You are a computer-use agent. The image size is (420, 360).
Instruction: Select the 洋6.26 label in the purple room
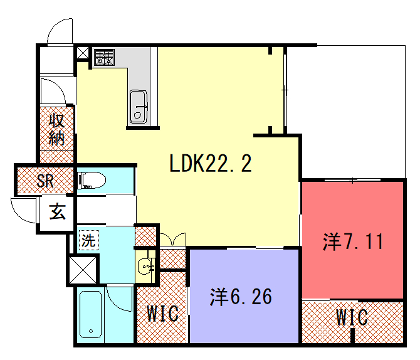tap(241, 296)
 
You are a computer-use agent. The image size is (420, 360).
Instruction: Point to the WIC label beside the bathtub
tap(163, 314)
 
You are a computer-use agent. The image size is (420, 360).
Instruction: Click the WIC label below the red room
tap(352, 318)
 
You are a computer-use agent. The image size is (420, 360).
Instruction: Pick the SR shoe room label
tap(45, 182)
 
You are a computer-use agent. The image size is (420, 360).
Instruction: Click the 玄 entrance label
tap(58, 211)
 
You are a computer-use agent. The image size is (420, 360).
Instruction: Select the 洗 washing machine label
tap(88, 240)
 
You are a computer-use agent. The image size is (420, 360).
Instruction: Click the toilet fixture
tap(93, 182)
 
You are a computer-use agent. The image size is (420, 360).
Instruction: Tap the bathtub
tap(92, 318)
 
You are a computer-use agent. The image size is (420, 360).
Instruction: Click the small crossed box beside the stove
tap(82, 53)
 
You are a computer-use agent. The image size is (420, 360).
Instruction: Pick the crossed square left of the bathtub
tap(83, 270)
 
